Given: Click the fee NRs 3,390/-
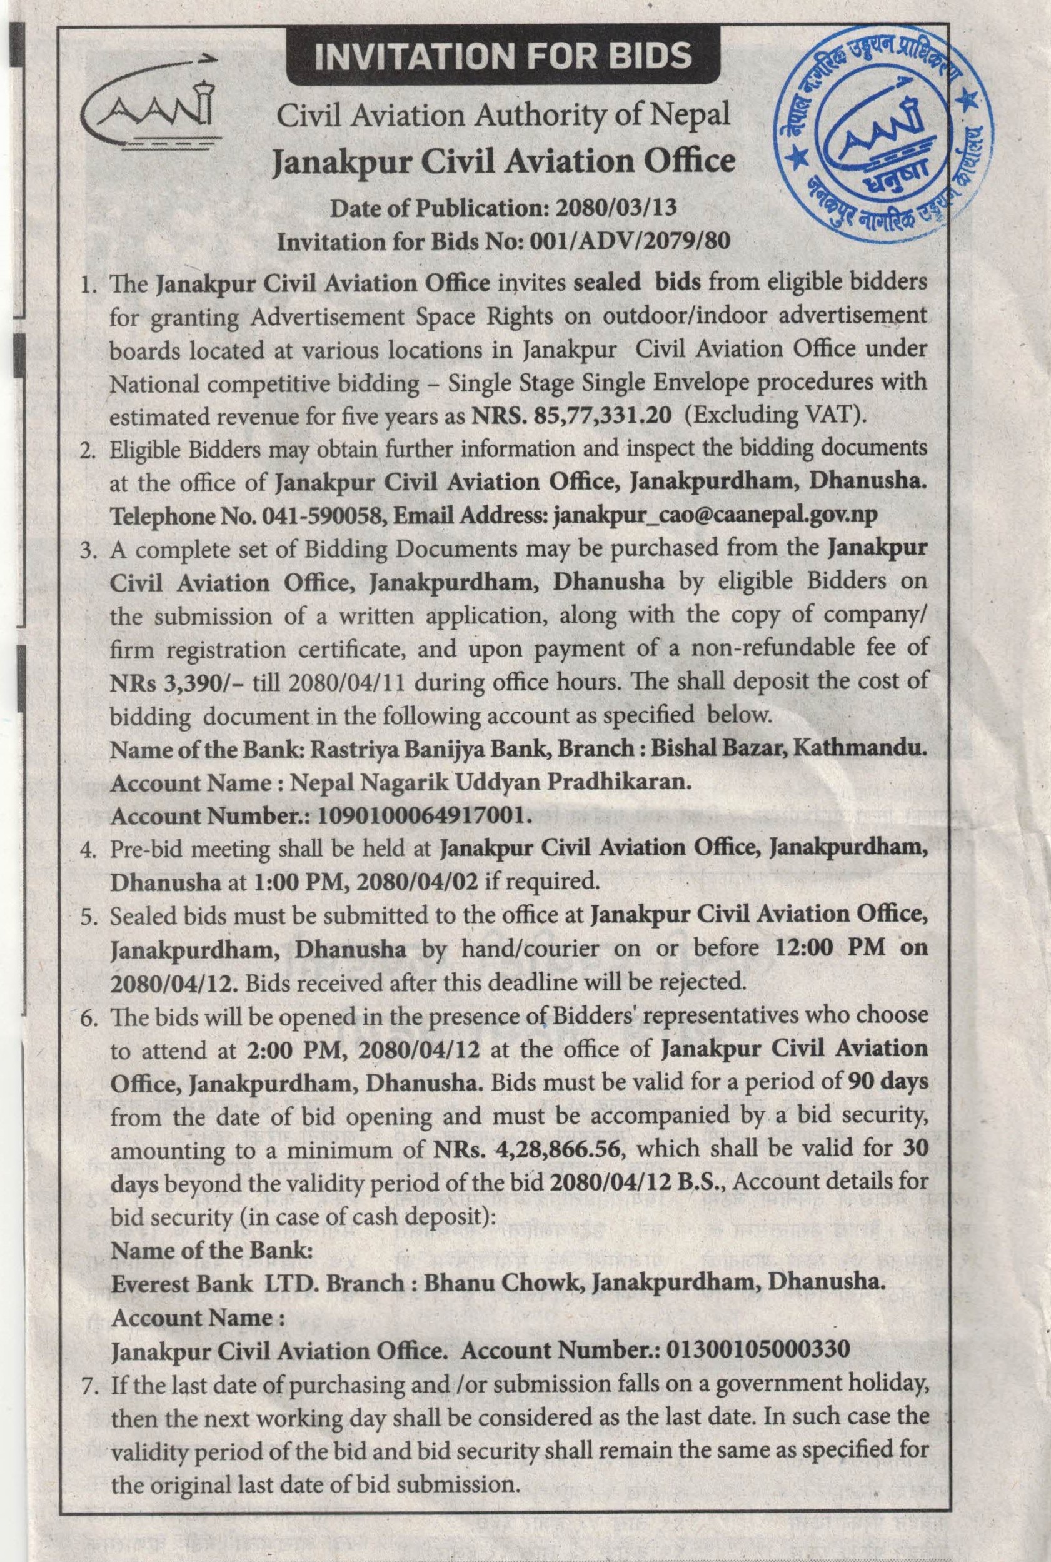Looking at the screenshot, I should (x=156, y=682).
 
